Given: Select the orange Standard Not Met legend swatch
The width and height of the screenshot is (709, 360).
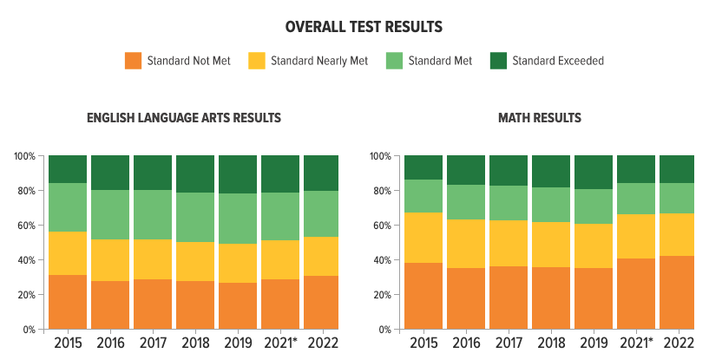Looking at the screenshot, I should click(133, 61).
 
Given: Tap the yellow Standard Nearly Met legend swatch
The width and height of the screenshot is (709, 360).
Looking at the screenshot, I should click(257, 61).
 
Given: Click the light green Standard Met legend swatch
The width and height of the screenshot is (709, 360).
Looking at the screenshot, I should click(394, 61).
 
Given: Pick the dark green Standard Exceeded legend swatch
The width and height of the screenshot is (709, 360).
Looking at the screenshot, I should click(498, 61).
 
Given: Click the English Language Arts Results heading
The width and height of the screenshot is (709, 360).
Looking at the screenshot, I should click(184, 118).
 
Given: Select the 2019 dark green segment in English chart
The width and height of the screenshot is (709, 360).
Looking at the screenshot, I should click(238, 174).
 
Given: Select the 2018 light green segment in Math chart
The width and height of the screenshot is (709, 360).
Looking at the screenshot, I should click(551, 205).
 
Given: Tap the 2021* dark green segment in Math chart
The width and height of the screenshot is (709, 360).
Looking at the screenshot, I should click(636, 169).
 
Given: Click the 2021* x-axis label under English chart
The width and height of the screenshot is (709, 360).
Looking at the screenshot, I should click(280, 344).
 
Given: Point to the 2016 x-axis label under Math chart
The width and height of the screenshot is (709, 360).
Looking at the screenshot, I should click(466, 344).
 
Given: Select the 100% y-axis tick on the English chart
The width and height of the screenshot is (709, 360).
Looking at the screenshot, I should click(24, 156).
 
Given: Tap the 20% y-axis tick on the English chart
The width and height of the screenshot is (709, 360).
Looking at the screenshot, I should click(27, 295).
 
